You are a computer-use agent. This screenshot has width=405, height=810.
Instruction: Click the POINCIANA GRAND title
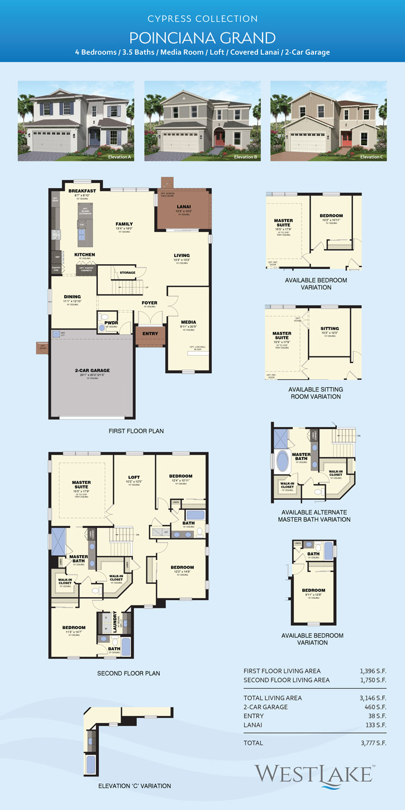(202, 37)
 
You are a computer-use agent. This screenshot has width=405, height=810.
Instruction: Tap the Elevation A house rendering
(76, 121)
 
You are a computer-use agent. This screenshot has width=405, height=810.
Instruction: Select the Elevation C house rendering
(328, 121)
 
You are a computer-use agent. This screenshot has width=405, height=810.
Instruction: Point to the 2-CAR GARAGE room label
(93, 370)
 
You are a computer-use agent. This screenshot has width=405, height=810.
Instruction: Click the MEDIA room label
(188, 322)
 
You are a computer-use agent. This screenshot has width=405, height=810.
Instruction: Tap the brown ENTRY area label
(150, 333)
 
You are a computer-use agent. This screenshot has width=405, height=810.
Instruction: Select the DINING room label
(72, 297)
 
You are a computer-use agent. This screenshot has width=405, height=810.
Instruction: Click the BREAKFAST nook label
(83, 190)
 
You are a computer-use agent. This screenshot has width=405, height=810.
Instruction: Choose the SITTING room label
(330, 328)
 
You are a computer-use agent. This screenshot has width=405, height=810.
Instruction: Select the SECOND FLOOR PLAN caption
(128, 673)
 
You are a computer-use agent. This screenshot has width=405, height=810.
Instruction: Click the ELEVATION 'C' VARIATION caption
(134, 786)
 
